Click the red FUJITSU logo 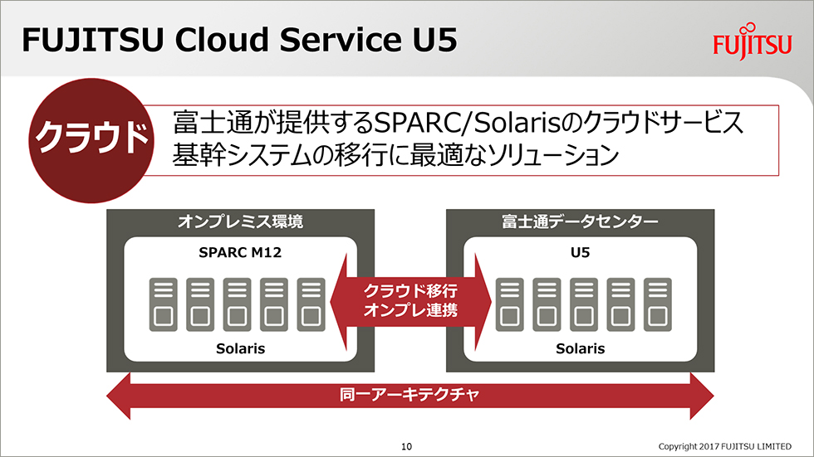point(753,42)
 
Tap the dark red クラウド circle point(91,140)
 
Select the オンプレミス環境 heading point(240,221)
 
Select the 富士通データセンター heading point(580,221)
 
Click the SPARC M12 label point(240,252)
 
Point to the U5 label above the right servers point(580,252)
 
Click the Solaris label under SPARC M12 point(240,348)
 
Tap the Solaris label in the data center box point(580,348)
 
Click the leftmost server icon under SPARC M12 point(164,304)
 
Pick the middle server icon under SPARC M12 point(238,304)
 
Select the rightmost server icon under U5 point(658,304)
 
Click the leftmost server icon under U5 point(510,304)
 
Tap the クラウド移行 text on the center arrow point(410,290)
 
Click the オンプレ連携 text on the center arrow point(410,310)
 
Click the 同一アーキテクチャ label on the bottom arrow point(409,395)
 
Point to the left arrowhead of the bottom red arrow point(118,396)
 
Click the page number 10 point(406,446)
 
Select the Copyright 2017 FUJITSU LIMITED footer point(724,446)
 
